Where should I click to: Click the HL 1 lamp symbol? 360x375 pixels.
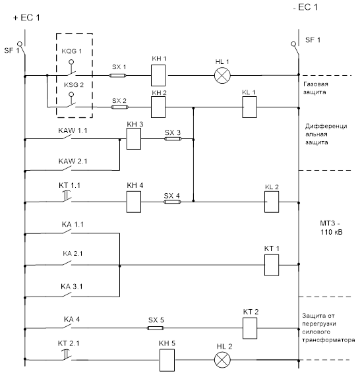click(x=222, y=75)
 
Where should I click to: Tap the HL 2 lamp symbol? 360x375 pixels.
click(x=222, y=360)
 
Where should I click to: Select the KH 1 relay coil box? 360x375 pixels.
click(x=158, y=75)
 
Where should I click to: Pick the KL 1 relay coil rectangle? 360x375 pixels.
click(x=249, y=107)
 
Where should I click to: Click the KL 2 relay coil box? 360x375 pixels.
click(x=272, y=202)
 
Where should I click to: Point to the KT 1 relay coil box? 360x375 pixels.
click(x=272, y=265)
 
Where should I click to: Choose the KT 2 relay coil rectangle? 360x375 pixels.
click(x=250, y=328)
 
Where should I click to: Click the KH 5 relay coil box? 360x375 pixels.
click(x=167, y=360)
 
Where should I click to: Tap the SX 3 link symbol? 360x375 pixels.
click(x=173, y=138)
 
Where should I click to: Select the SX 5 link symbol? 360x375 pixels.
click(x=156, y=328)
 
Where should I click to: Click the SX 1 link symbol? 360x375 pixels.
click(x=117, y=76)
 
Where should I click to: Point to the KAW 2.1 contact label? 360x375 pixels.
click(x=73, y=161)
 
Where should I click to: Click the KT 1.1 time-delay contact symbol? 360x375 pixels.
click(x=67, y=196)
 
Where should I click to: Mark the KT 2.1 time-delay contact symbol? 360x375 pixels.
click(x=67, y=355)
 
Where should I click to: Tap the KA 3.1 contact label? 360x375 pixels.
click(x=71, y=286)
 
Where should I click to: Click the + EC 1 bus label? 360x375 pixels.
click(x=26, y=18)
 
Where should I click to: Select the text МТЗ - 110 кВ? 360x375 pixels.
click(x=331, y=227)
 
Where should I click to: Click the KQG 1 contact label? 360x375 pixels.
click(x=71, y=51)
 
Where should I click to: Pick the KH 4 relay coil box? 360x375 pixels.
click(x=134, y=202)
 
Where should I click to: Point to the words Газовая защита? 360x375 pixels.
click(x=315, y=88)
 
